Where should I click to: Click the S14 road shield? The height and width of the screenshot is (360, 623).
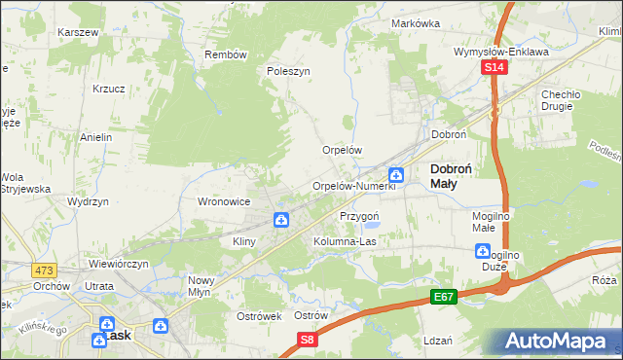tap(495, 67)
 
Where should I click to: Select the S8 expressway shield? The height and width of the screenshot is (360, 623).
tap(308, 339)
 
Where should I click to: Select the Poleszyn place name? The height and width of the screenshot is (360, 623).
tap(288, 71)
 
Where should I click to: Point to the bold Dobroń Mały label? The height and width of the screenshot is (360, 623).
tap(452, 175)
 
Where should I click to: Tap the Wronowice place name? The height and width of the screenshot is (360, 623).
tap(225, 201)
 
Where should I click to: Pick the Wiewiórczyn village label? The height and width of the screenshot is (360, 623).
tap(119, 264)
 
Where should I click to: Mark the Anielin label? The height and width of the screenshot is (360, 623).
tap(96, 137)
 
